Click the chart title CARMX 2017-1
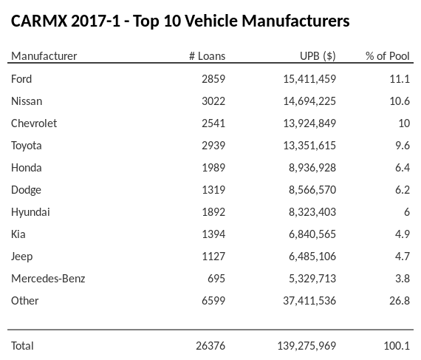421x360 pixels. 180,21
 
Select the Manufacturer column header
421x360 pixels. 44,56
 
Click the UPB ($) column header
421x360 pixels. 318,56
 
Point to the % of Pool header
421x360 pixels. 387,56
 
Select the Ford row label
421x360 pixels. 21,78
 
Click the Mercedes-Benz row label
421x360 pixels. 48,278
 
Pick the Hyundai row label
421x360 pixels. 30,211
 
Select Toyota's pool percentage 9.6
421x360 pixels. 402,145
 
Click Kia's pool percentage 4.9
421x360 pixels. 402,234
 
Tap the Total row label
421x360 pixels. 22,345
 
